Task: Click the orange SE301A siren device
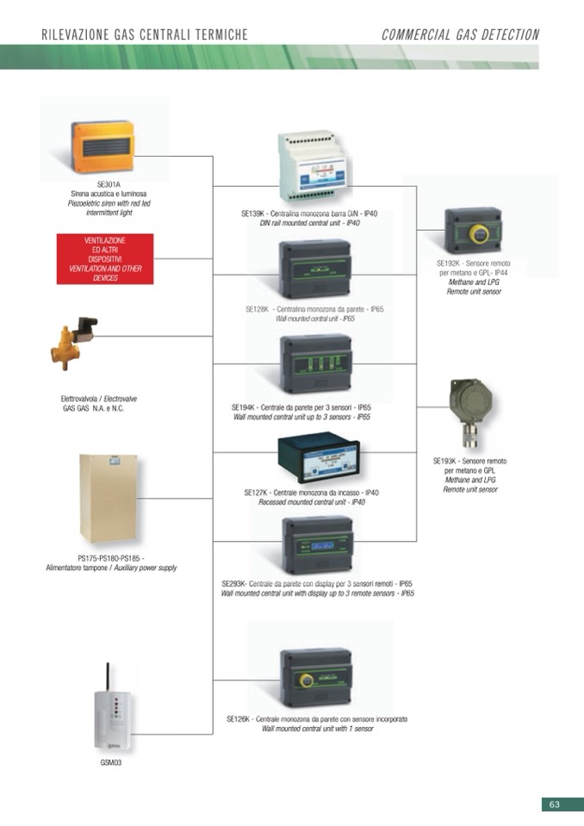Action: [102, 147]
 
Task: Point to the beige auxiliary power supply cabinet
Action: [109, 498]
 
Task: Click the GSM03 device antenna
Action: [108, 677]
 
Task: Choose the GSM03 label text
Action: [111, 762]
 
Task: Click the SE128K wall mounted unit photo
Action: [314, 269]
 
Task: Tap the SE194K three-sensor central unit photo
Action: [316, 363]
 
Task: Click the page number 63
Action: [555, 804]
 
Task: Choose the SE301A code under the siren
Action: [109, 184]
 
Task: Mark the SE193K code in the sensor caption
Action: [446, 462]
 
